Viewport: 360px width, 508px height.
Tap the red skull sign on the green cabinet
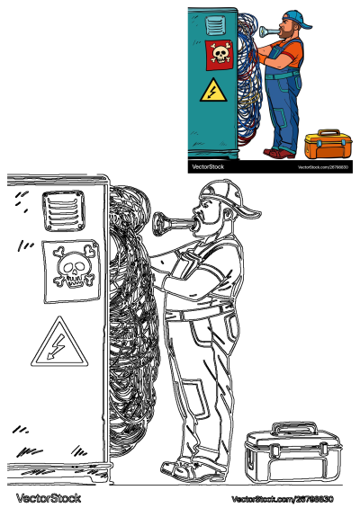(219, 55)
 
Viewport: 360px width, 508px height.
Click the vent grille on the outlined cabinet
(60, 213)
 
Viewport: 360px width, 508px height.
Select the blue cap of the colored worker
(297, 18)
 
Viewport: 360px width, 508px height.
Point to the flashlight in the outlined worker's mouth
(172, 221)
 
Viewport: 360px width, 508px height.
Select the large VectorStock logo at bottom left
(48, 497)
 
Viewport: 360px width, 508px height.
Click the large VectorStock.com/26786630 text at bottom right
(282, 498)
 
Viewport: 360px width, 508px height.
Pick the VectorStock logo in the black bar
(209, 166)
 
